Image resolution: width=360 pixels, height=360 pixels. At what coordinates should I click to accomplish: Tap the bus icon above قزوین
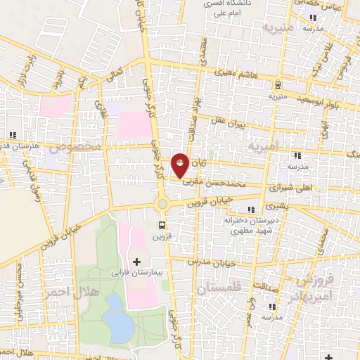click(x=162, y=226)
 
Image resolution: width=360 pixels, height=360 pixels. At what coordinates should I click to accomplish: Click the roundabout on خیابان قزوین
click(x=162, y=204)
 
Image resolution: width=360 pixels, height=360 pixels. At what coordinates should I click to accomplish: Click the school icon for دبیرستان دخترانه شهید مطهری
click(x=251, y=209)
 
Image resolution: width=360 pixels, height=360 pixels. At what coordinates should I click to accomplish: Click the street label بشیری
click(x=276, y=207)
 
